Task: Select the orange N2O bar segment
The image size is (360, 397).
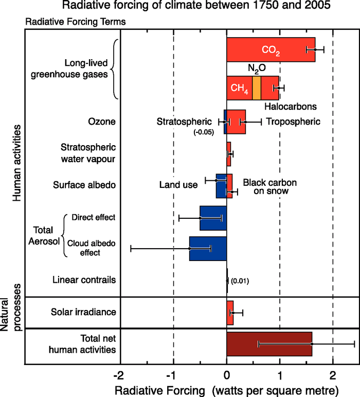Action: point(257,88)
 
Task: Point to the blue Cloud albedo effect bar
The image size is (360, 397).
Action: point(208,248)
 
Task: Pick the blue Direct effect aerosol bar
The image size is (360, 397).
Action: point(213,218)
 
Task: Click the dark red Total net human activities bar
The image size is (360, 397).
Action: point(269,343)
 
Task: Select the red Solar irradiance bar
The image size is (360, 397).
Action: point(230,313)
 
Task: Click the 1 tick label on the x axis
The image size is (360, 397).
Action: point(280,373)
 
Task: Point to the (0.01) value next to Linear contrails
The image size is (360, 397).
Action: point(240,281)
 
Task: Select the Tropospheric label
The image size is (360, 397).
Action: point(297,122)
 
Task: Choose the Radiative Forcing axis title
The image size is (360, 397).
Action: point(226,388)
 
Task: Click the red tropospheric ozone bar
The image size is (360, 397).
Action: point(237,122)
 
